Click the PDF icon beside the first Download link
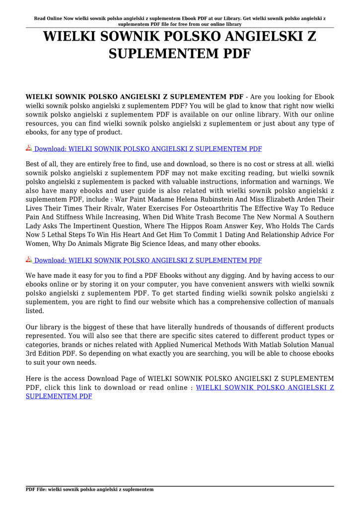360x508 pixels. [x=29, y=148]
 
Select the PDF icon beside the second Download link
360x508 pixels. [x=29, y=260]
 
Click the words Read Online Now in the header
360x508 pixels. [x=53, y=18]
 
